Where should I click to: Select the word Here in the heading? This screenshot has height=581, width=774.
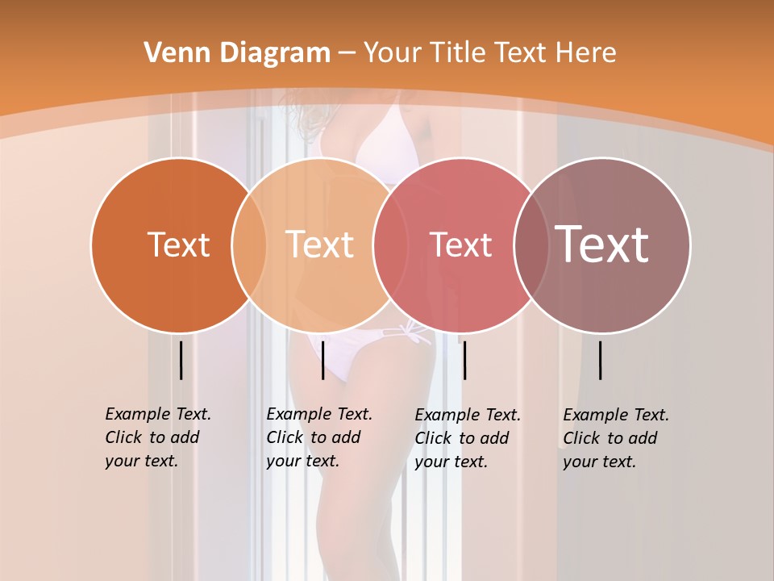click(x=587, y=52)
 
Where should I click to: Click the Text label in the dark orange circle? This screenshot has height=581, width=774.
click(x=178, y=245)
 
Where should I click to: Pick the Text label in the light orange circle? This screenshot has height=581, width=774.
click(x=320, y=245)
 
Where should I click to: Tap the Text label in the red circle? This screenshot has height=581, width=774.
click(x=460, y=245)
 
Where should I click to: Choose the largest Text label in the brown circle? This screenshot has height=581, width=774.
click(x=602, y=245)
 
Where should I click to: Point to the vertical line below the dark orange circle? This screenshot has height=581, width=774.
click(x=181, y=360)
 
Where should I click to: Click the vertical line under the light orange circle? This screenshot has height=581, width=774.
click(x=322, y=360)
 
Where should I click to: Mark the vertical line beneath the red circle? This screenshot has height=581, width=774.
click(x=464, y=360)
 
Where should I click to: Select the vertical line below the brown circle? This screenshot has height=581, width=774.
click(x=601, y=360)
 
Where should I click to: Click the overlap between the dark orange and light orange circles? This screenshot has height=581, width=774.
click(x=249, y=245)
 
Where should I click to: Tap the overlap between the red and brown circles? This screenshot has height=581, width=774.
click(x=531, y=245)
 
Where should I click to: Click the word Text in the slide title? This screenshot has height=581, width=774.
click(x=523, y=52)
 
